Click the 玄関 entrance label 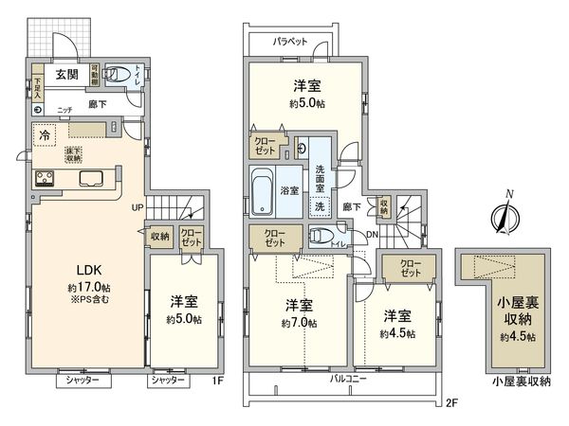[x=66, y=75]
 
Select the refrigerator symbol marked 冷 [x=44, y=136]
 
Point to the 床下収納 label [x=72, y=155]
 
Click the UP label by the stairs [x=137, y=207]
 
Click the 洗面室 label [x=321, y=176]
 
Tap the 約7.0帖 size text [x=302, y=324]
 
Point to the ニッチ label [x=65, y=110]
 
